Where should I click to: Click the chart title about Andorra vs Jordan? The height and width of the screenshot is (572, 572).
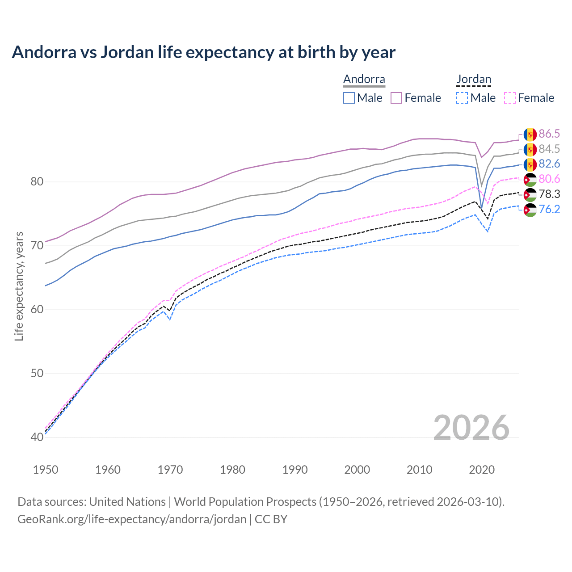pyautogui.click(x=204, y=52)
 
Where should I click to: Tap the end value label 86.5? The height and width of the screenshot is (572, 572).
pyautogui.click(x=549, y=134)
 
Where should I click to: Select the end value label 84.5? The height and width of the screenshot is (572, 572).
pyautogui.click(x=549, y=149)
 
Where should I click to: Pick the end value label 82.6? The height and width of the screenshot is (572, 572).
pyautogui.click(x=549, y=164)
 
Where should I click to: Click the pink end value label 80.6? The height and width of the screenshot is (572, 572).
pyautogui.click(x=549, y=179)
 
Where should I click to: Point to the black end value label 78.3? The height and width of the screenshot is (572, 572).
pyautogui.click(x=549, y=194)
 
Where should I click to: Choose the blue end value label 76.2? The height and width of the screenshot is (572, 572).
pyautogui.click(x=549, y=209)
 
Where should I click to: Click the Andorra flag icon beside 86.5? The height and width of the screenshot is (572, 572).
pyautogui.click(x=530, y=134)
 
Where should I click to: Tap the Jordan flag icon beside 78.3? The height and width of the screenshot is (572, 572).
pyautogui.click(x=530, y=194)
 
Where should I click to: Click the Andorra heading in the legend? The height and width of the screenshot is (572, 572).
pyautogui.click(x=364, y=80)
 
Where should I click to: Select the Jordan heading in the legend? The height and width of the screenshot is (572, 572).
pyautogui.click(x=474, y=80)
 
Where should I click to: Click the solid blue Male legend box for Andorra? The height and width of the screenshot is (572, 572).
pyautogui.click(x=349, y=98)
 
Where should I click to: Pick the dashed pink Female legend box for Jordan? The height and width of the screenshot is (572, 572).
pyautogui.click(x=510, y=98)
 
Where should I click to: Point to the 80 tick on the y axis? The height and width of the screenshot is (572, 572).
pyautogui.click(x=37, y=182)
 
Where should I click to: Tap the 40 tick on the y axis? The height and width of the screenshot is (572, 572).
pyautogui.click(x=37, y=437)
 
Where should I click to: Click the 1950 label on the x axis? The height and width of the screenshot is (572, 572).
pyautogui.click(x=46, y=470)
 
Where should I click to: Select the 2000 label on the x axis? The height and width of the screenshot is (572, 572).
pyautogui.click(x=357, y=470)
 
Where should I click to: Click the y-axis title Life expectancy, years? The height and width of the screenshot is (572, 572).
pyautogui.click(x=19, y=286)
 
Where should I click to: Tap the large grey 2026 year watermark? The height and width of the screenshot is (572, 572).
pyautogui.click(x=471, y=428)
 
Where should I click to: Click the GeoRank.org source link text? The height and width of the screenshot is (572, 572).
pyautogui.click(x=132, y=519)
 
